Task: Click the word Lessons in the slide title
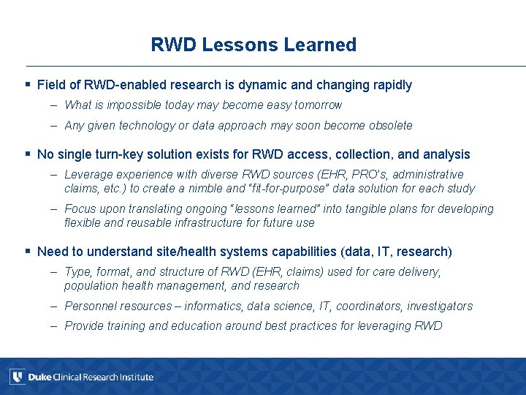tap(237, 45)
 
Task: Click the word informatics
tap(198, 306)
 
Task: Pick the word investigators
tap(440, 306)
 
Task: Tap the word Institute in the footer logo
tap(135, 377)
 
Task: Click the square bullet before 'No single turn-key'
tap(27, 155)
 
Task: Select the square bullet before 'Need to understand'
tap(27, 252)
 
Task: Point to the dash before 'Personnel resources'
tap(55, 306)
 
